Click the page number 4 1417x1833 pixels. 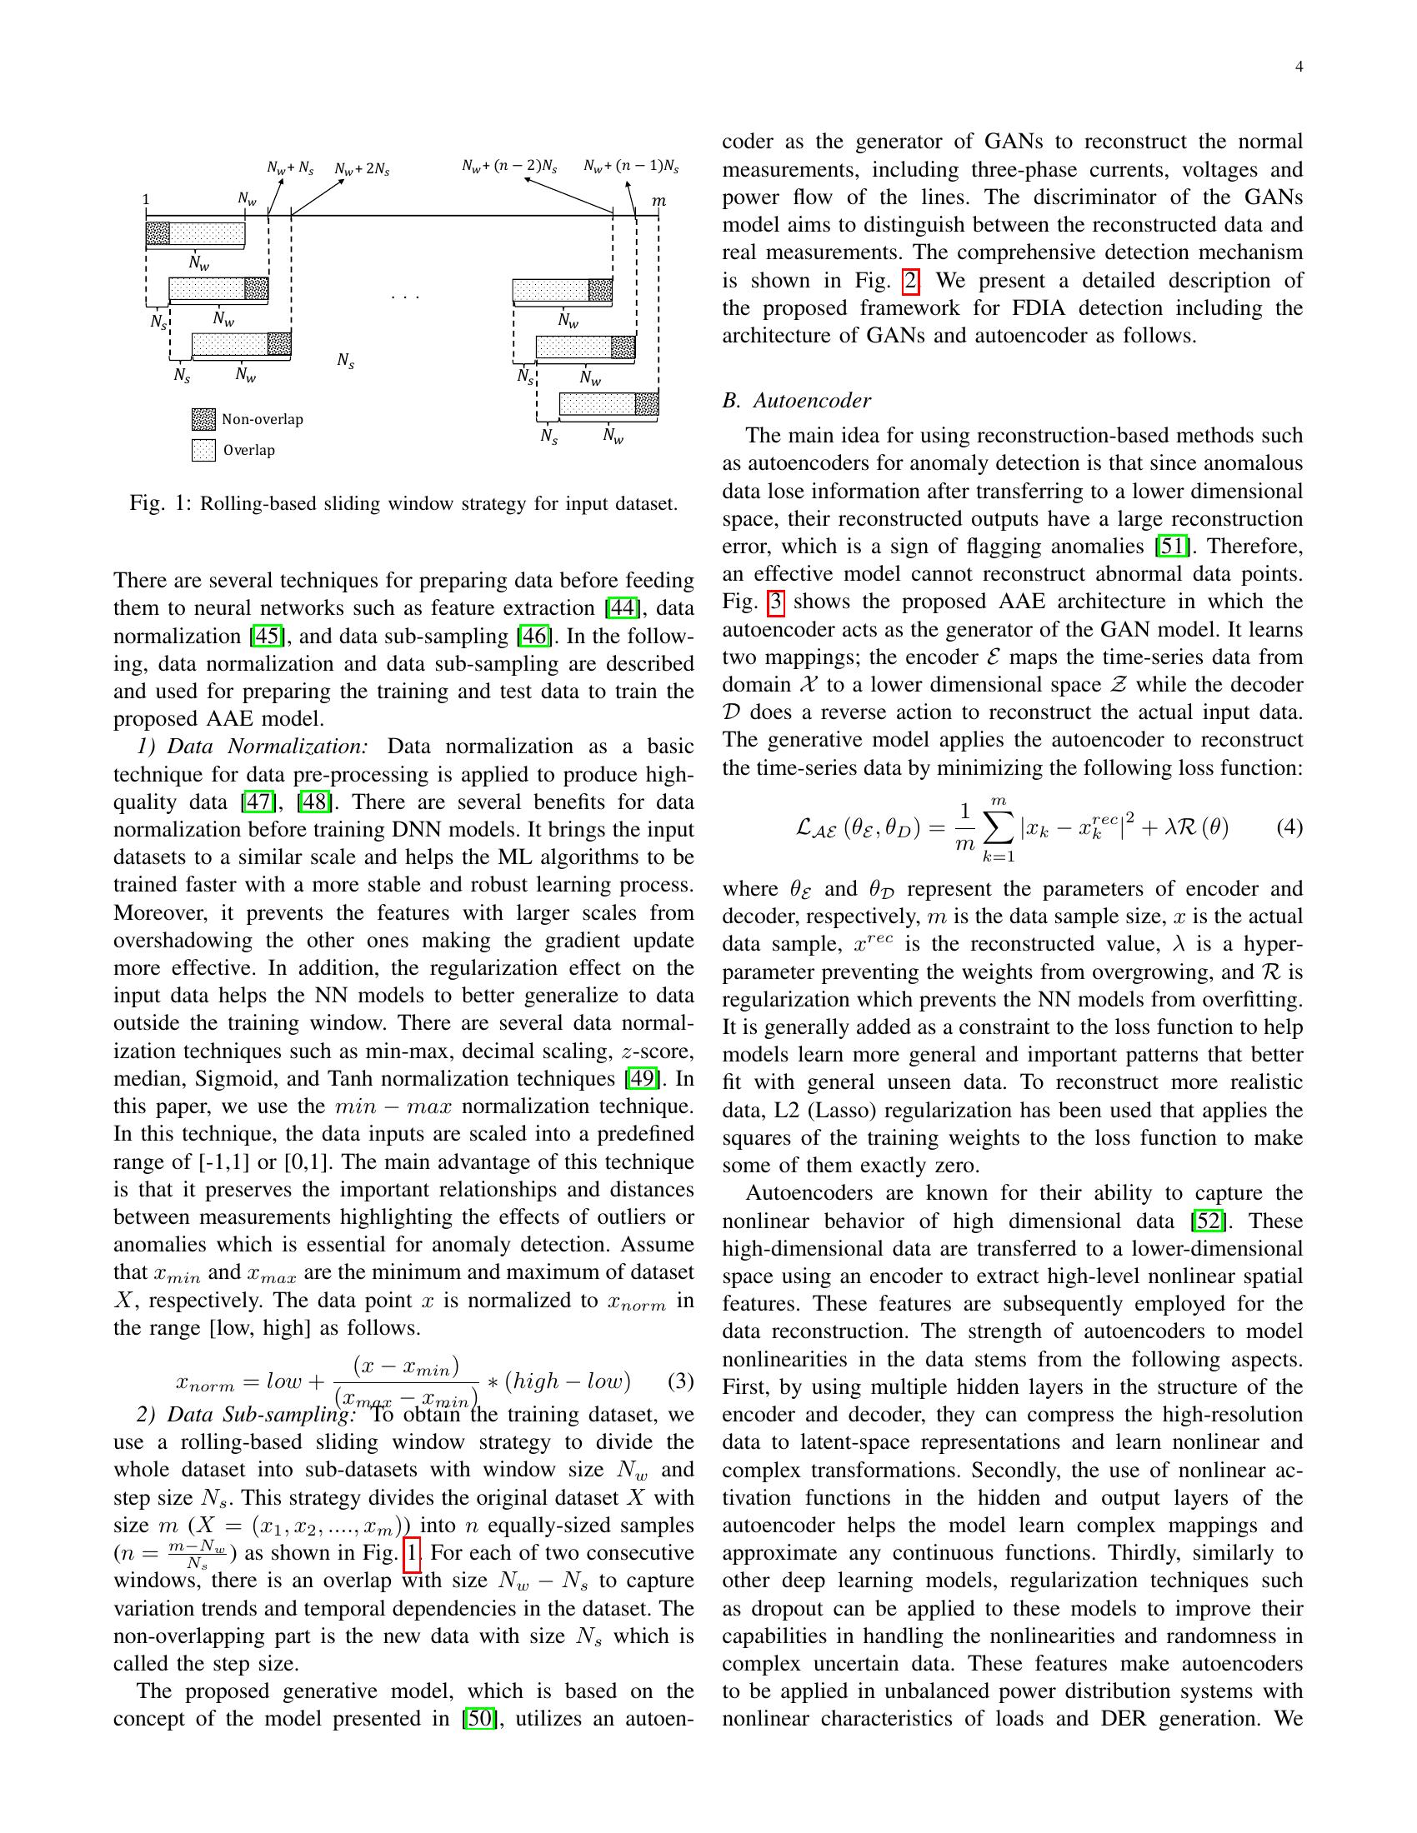click(1299, 68)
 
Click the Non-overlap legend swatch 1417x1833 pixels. click(203, 419)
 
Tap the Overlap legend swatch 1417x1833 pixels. click(203, 450)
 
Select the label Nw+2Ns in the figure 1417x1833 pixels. click(362, 169)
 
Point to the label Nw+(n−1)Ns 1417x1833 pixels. click(631, 166)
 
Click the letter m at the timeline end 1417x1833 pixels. click(659, 202)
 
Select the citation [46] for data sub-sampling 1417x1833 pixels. click(535, 637)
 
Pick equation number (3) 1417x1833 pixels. click(680, 1381)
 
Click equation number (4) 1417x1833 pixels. click(1289, 827)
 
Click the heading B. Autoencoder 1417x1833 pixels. click(797, 400)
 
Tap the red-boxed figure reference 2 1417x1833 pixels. click(910, 280)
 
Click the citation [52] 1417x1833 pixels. click(1205, 1221)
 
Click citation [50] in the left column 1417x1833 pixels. click(478, 1719)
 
